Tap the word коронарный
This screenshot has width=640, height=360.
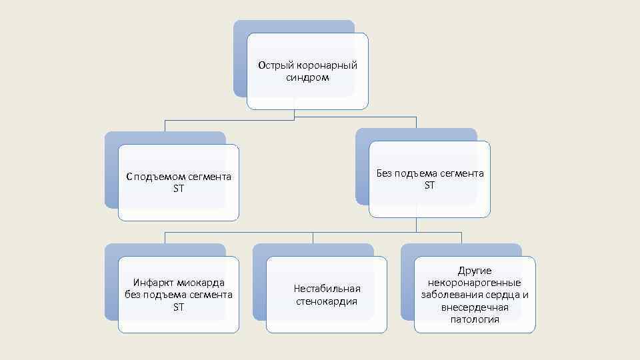[325, 65]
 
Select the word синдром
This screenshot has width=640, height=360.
[307, 77]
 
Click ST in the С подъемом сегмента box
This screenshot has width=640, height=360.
[178, 189]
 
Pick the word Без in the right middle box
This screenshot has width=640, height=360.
[386, 173]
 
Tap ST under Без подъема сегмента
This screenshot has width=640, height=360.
[429, 185]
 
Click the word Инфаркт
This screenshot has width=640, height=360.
[153, 282]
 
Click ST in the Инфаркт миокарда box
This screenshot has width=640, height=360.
[178, 307]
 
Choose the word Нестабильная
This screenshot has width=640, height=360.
[327, 289]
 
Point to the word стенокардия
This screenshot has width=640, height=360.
[327, 301]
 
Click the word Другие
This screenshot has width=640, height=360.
[474, 271]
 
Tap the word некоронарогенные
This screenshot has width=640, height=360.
[474, 283]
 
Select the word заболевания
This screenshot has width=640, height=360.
[451, 295]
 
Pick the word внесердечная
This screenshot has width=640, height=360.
[474, 307]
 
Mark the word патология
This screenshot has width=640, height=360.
[474, 319]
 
